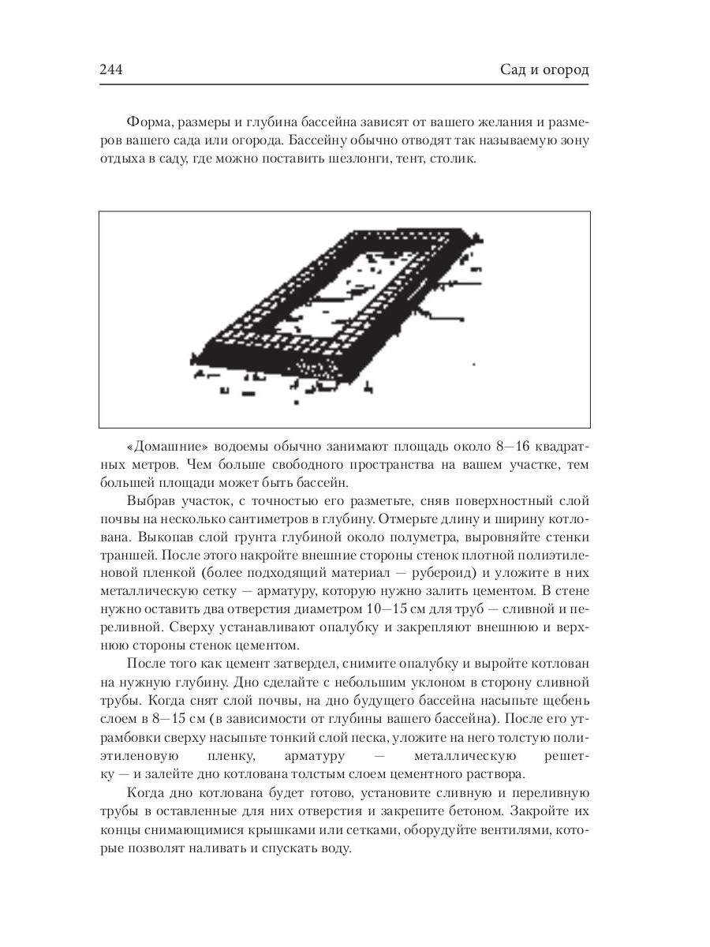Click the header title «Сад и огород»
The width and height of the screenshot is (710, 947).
coord(545,70)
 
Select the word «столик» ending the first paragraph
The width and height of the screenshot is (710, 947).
coord(450,159)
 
